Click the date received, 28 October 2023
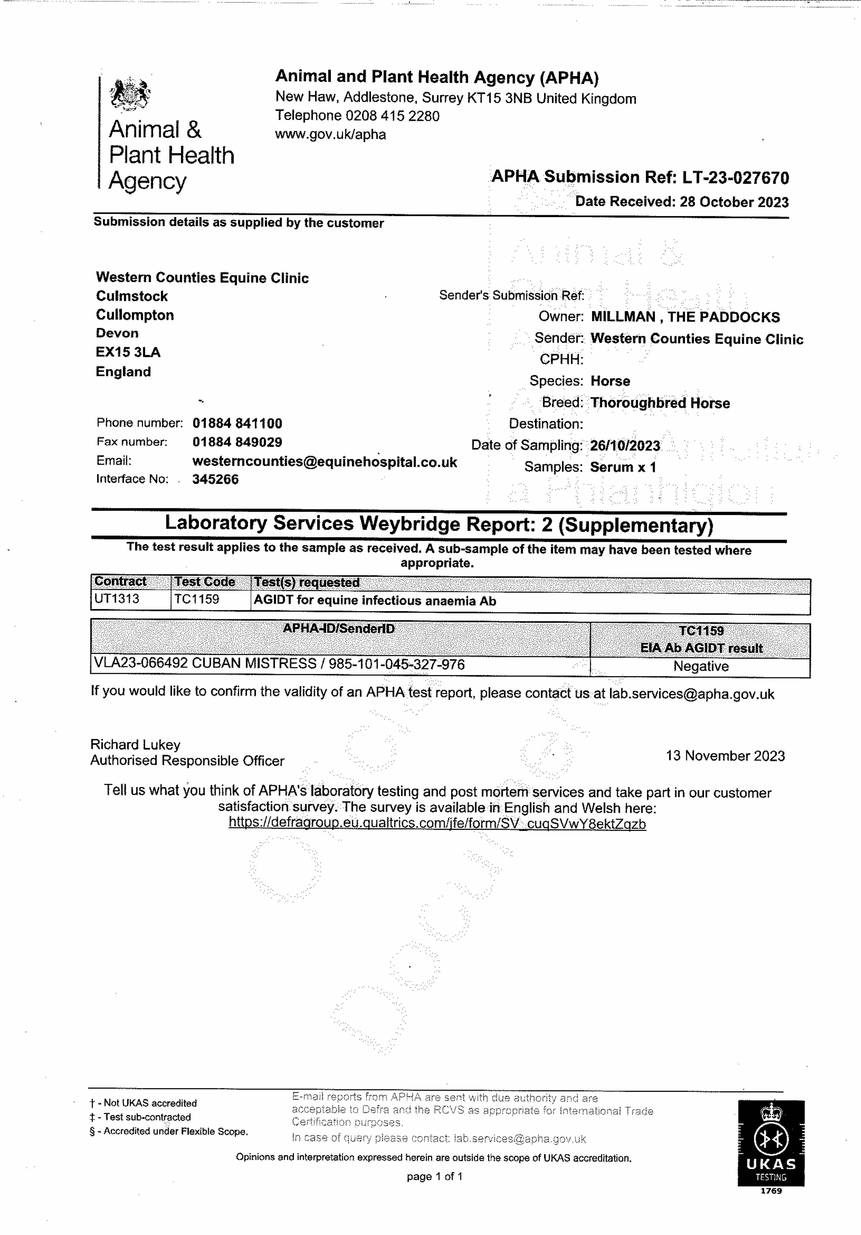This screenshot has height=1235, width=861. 734,202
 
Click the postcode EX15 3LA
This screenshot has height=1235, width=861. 128,352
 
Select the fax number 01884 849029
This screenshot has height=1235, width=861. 237,442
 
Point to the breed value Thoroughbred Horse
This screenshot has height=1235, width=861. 660,403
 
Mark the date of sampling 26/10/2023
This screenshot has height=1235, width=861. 625,446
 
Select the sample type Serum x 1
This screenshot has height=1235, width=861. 623,467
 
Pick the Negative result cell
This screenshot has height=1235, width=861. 701,666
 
